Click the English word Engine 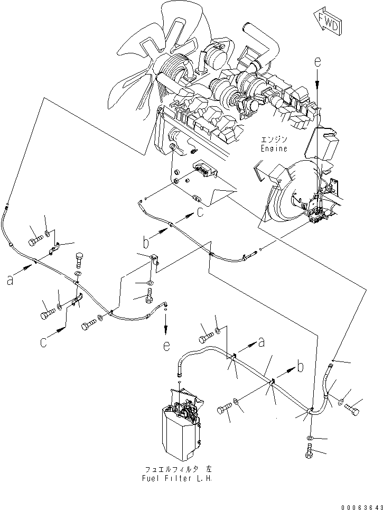(x=274, y=149)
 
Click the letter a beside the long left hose (x=10, y=281)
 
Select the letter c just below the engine (x=199, y=212)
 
